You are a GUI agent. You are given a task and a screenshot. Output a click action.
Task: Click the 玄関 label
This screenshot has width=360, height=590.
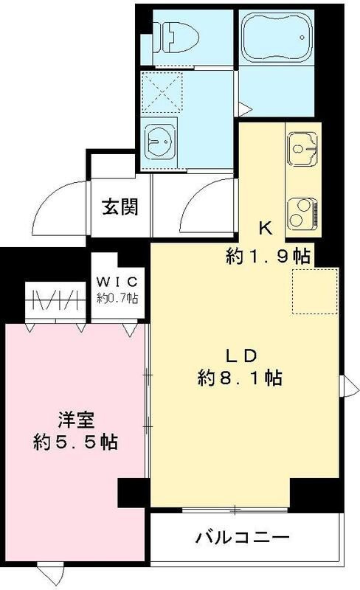pos(120,207)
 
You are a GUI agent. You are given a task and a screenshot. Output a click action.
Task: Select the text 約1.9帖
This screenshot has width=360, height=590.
pos(267,256)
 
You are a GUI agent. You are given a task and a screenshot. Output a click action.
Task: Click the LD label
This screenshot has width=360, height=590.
pos(240,354)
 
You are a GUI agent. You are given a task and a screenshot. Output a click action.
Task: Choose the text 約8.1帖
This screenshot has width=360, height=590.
pos(240,378)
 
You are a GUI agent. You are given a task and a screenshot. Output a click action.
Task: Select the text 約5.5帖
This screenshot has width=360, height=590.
pos(76,443)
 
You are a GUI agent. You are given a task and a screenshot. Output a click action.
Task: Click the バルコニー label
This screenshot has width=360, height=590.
pos(242,537)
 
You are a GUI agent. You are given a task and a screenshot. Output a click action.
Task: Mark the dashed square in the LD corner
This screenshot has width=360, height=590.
pos(315,290)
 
